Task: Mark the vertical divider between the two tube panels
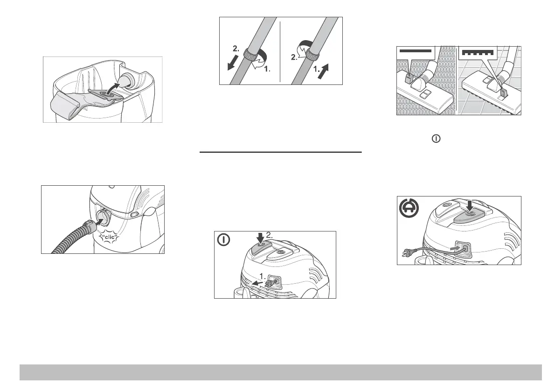click(280, 51)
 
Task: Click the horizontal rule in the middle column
click(280, 152)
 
